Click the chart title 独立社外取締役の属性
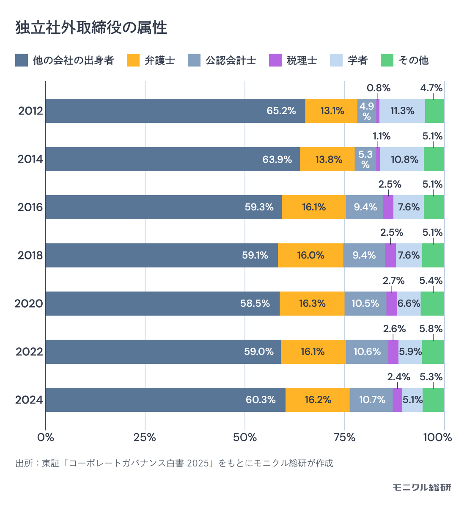click(x=91, y=28)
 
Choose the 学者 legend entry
click(x=349, y=60)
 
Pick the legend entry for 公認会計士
click(x=222, y=60)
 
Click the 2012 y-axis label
click(x=30, y=111)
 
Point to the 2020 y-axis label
click(x=29, y=304)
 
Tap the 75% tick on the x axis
click(x=344, y=438)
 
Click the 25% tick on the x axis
click(x=145, y=438)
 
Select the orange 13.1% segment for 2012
click(x=331, y=111)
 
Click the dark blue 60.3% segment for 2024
click(x=165, y=400)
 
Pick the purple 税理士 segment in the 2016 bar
click(x=388, y=207)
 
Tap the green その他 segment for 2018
click(x=433, y=256)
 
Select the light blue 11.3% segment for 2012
click(x=402, y=111)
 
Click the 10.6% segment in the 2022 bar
click(x=367, y=352)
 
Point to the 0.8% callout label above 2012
click(x=378, y=88)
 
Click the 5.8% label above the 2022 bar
click(x=431, y=329)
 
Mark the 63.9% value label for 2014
click(x=277, y=160)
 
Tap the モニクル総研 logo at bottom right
click(x=421, y=487)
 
